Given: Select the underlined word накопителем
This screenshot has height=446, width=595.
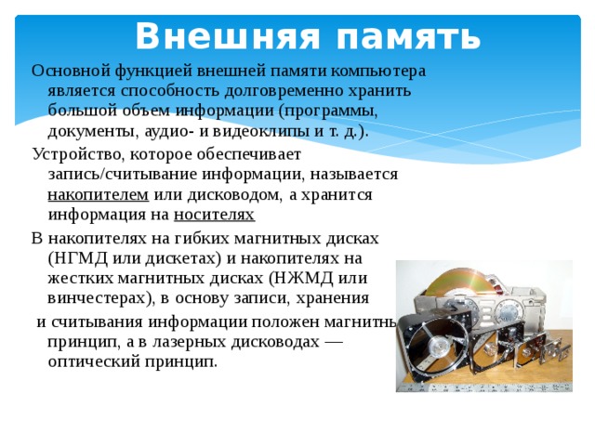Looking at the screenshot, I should click(x=98, y=194).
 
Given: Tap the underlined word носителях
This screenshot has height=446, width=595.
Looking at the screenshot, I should click(x=214, y=215).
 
